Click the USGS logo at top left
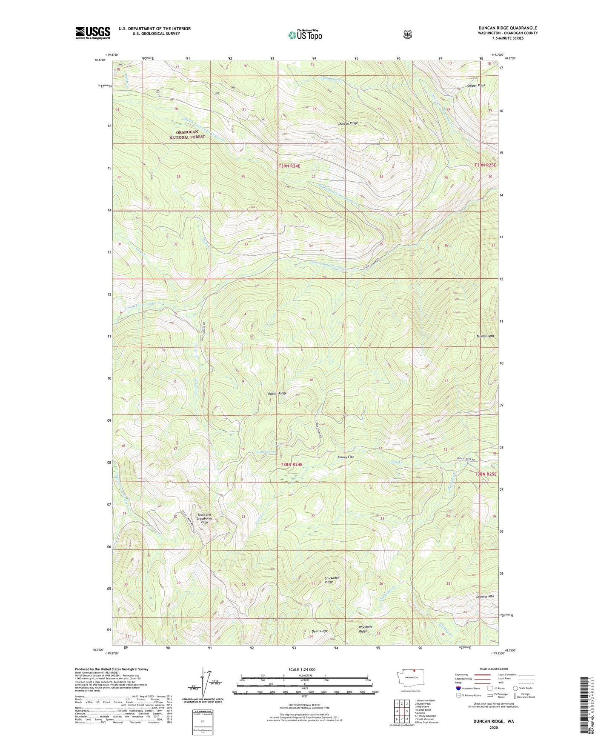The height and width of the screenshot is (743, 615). pos(93,33)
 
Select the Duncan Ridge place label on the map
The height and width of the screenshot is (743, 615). pos(348,123)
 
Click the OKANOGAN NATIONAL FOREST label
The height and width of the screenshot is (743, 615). pos(187,134)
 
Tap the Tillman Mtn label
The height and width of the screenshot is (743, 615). pos(485,336)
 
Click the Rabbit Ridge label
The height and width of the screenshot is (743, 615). pos(277,394)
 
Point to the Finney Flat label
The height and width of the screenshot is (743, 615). pos(346,457)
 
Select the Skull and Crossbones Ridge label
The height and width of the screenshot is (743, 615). pos(204,518)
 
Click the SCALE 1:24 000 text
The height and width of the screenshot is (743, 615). pos(302,669)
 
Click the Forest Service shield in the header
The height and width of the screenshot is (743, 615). pos(408,34)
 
